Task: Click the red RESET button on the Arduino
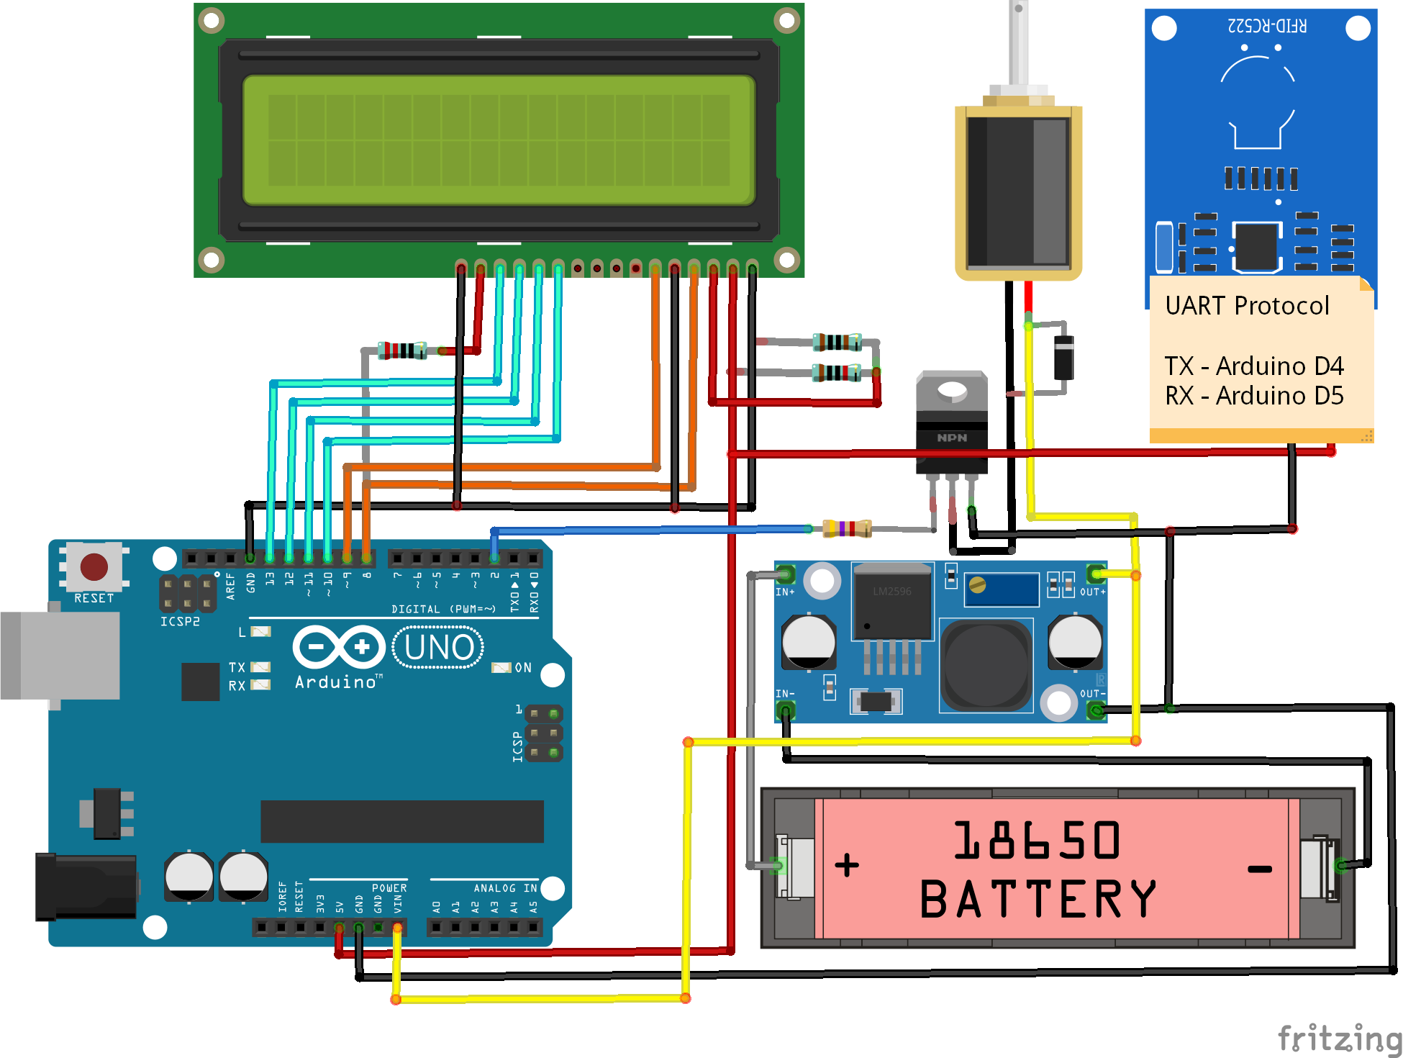coord(94,567)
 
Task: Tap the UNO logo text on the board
coord(439,647)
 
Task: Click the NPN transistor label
coord(952,438)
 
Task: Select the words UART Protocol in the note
coord(1247,306)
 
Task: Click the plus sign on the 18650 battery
coord(847,864)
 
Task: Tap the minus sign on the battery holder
coord(1259,869)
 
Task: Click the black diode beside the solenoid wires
coord(1063,358)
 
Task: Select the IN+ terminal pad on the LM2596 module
coord(785,574)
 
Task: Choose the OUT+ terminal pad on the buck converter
coord(1096,574)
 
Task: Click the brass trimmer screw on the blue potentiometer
coord(977,584)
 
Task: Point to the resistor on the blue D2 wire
coord(848,529)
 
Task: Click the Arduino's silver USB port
coord(61,655)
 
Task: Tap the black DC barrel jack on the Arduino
coord(86,887)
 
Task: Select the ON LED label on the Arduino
coord(523,668)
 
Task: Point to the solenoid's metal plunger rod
coord(1018,43)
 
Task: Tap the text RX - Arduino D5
coord(1254,396)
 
